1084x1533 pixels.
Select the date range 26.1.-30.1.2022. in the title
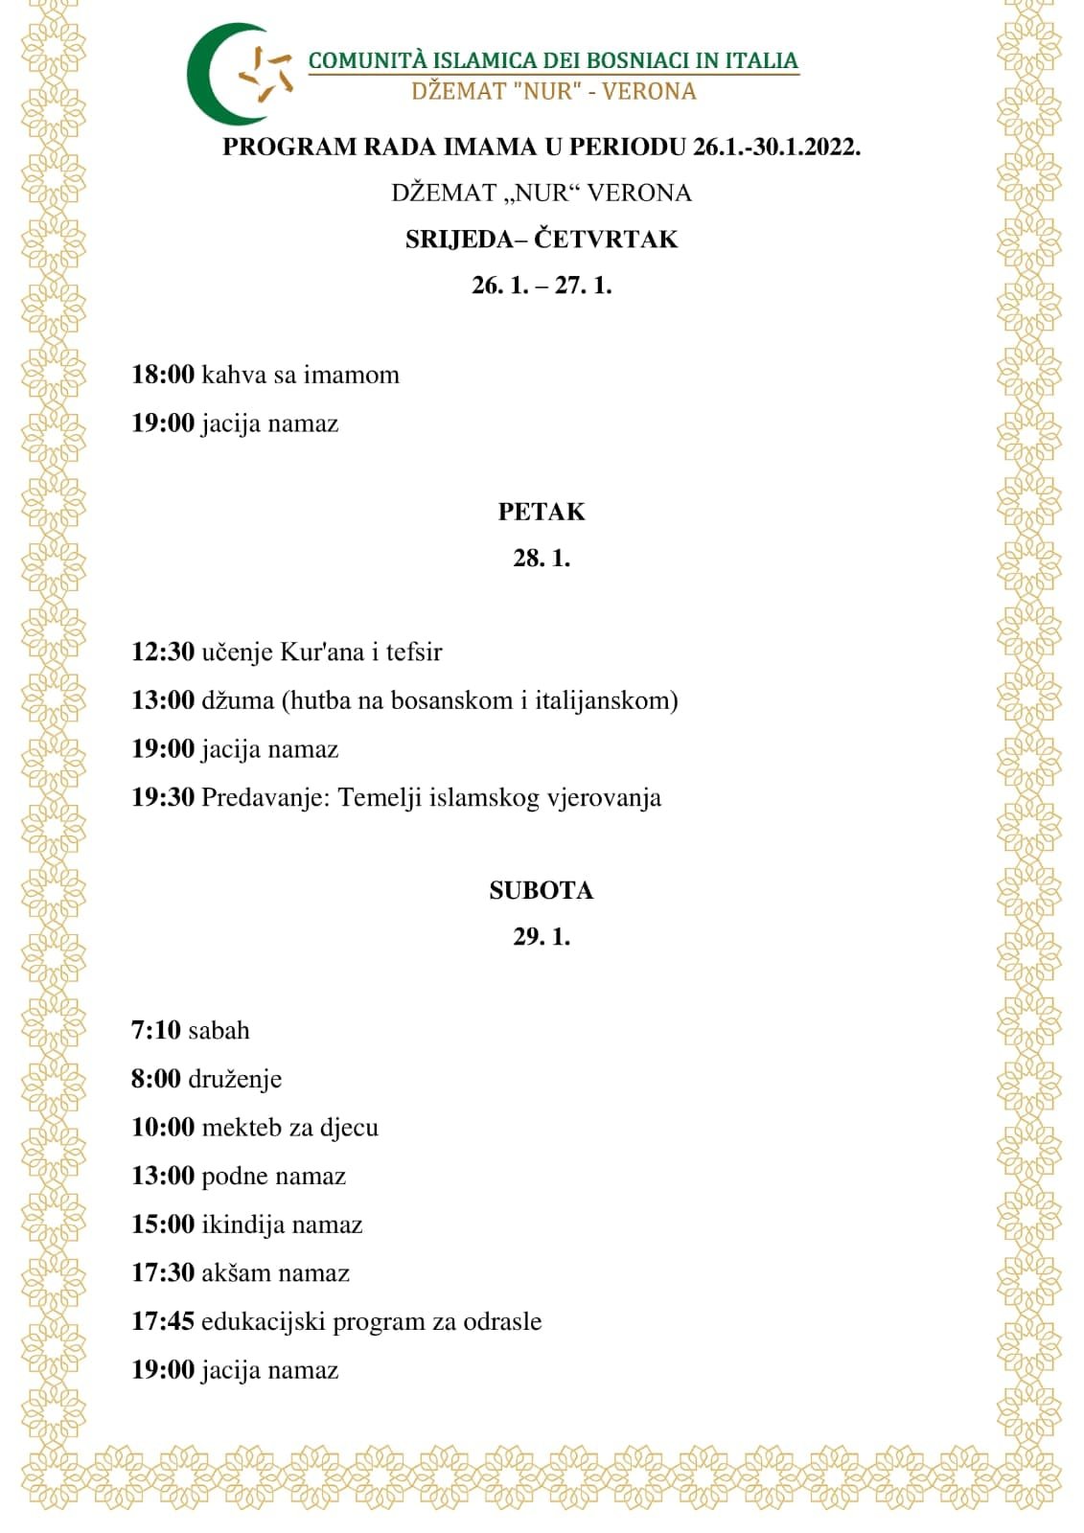click(776, 147)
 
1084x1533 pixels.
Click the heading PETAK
click(542, 512)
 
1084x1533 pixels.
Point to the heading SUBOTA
click(542, 890)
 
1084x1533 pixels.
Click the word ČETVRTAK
click(606, 239)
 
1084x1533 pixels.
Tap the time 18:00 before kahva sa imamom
click(163, 375)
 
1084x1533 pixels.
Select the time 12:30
click(163, 652)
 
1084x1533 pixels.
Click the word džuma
click(238, 700)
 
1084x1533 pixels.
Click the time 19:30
click(163, 797)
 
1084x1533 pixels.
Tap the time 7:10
click(156, 1030)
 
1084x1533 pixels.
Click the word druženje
click(235, 1079)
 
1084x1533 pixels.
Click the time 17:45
click(163, 1321)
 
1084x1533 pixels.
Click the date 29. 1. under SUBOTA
click(542, 936)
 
